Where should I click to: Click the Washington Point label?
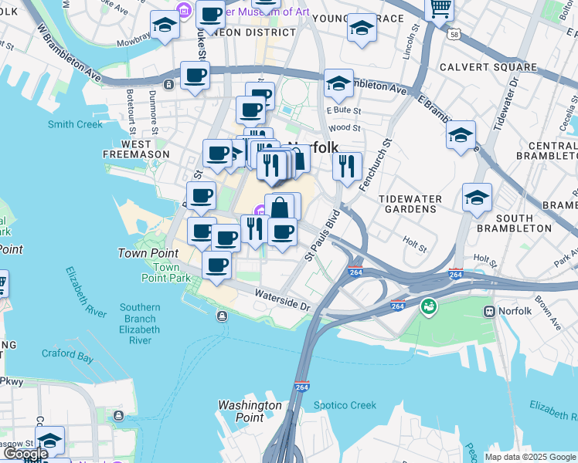[250, 411]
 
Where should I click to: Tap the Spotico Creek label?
[345, 405]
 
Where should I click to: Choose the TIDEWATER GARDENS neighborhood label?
[410, 204]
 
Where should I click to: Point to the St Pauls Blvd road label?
[322, 234]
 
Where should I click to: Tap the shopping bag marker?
[280, 208]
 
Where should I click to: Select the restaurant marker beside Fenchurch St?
[347, 166]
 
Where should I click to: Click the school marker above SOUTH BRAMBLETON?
[477, 198]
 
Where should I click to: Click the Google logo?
[25, 454]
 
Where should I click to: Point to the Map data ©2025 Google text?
[529, 457]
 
